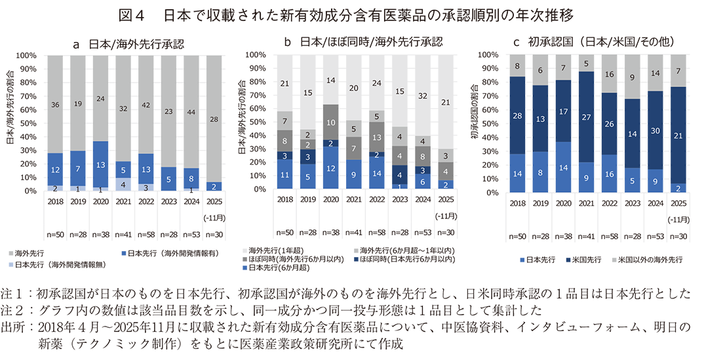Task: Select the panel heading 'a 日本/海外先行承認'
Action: click(x=128, y=44)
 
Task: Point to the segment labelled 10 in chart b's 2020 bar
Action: click(x=332, y=123)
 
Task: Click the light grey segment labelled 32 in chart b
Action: click(x=423, y=96)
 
